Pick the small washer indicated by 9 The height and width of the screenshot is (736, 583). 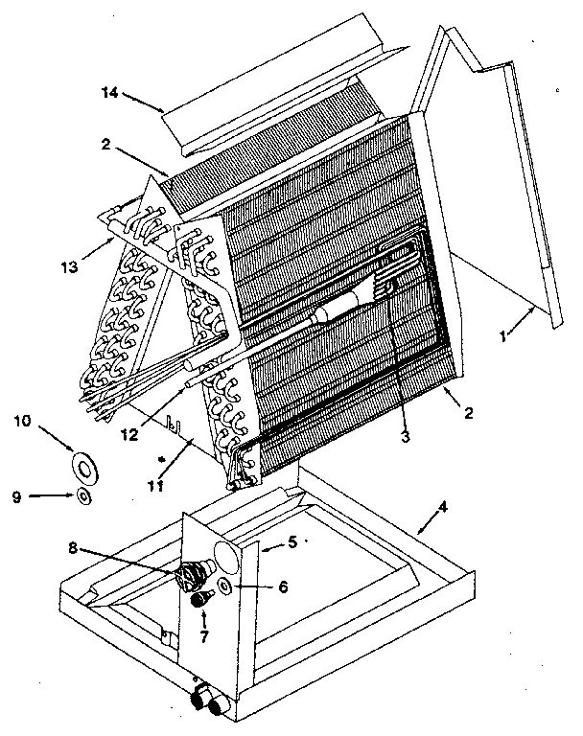(84, 495)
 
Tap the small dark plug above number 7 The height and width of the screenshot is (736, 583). (201, 600)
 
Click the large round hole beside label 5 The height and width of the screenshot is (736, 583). (227, 554)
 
